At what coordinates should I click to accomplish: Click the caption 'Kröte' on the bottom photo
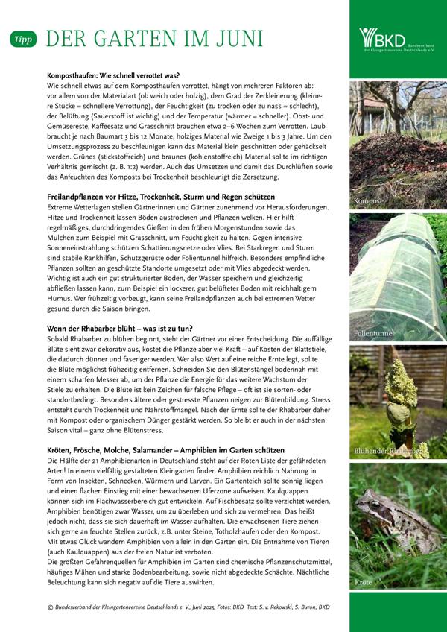pyautogui.click(x=363, y=582)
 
